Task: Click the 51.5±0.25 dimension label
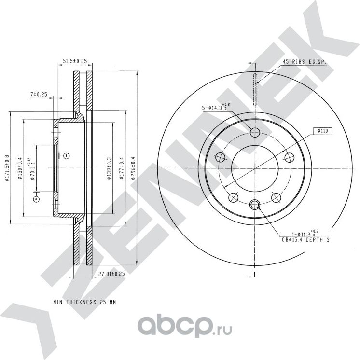pos(74,61)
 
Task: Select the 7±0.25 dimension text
pos(38,94)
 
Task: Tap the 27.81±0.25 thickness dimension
pos(111,274)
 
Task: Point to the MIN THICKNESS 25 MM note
pos(85,302)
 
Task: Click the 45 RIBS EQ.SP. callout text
pos(305,62)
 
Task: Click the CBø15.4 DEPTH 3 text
pos(305,239)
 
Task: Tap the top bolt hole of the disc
pos(255,133)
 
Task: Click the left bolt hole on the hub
pos(221,157)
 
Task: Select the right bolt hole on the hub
pos(290,157)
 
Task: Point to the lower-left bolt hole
pos(234,197)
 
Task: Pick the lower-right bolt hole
pos(277,197)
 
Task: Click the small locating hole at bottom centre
pos(255,205)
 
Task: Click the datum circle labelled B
pos(66,155)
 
